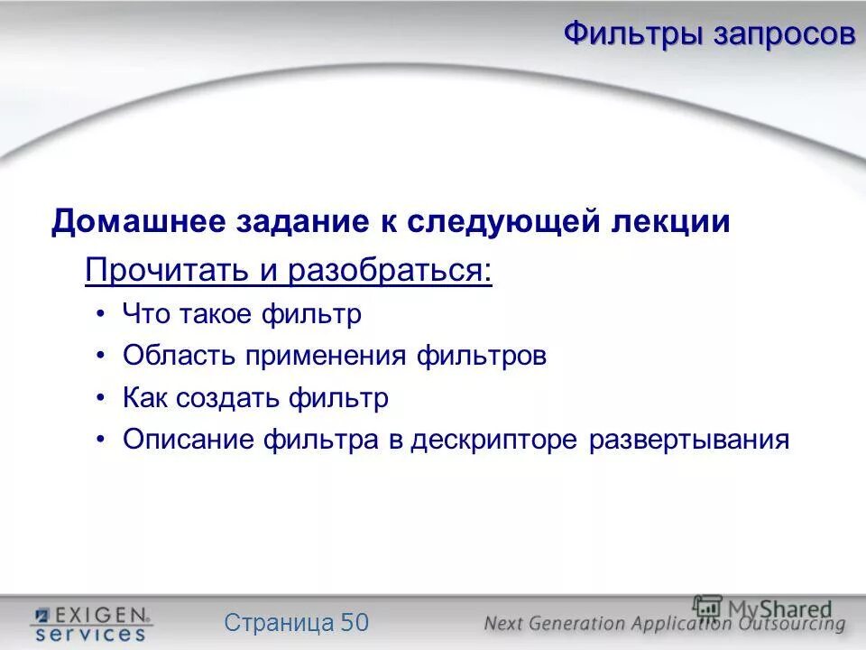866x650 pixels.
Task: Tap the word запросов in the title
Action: click(x=784, y=34)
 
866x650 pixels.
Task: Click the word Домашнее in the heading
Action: click(x=140, y=221)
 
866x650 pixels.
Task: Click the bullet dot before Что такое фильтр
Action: click(x=101, y=314)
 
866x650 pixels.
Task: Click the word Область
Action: click(x=178, y=356)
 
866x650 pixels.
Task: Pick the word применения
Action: click(x=329, y=356)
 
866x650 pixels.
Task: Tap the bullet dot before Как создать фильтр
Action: click(x=101, y=398)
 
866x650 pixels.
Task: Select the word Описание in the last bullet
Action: click(x=189, y=440)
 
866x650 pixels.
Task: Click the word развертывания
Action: click(x=689, y=440)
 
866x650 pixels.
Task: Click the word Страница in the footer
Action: click(x=279, y=622)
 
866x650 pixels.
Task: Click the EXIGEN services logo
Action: click(x=90, y=623)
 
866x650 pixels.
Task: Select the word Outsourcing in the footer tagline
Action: click(x=789, y=623)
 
